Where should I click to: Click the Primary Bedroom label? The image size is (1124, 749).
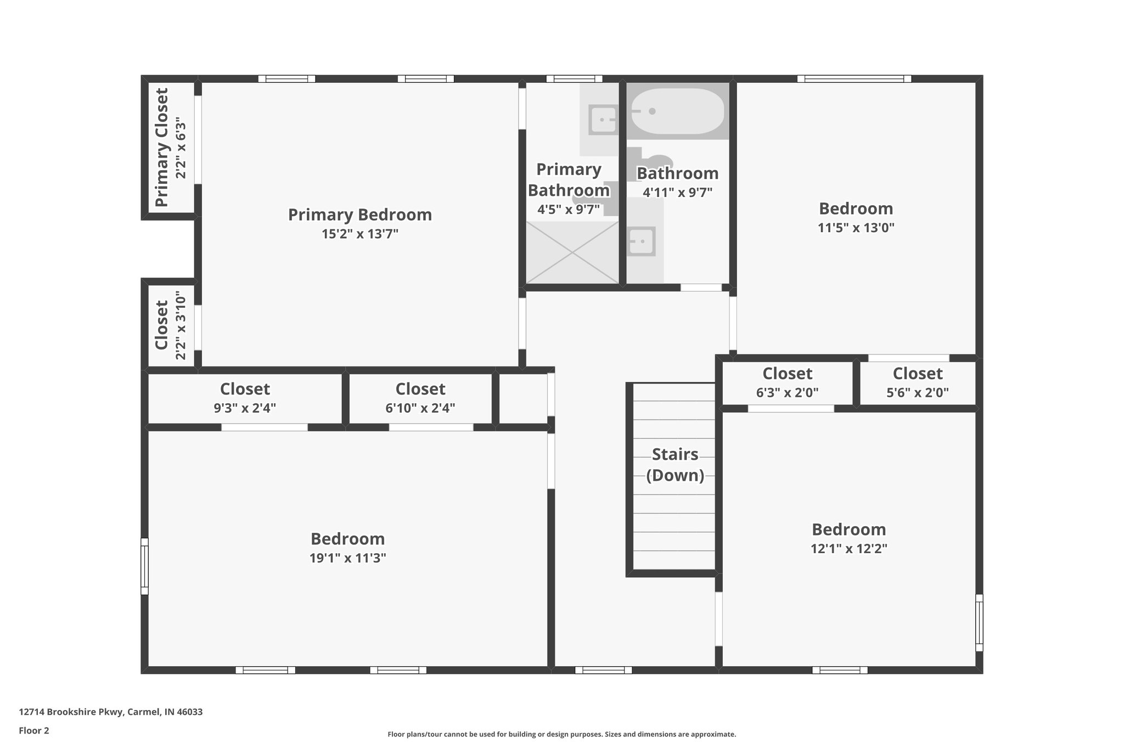360,215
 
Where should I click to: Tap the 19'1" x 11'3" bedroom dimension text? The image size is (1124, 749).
347,558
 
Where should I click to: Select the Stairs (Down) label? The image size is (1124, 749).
675,464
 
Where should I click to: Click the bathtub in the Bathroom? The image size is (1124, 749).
678,111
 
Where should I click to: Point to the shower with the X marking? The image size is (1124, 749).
572,252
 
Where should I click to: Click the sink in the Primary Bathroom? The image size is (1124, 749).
603,119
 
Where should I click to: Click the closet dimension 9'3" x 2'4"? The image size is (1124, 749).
245,408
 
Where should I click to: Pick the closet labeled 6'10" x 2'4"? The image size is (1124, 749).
420,398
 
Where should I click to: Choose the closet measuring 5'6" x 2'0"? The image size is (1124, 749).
918,383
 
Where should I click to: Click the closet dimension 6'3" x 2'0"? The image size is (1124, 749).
787,393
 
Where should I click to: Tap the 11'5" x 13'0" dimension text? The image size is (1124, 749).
856,228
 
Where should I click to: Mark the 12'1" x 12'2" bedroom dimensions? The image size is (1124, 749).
848,549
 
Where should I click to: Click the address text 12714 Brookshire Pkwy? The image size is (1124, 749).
110,712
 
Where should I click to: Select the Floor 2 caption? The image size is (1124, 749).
34,731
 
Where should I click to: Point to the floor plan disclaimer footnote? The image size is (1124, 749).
561,734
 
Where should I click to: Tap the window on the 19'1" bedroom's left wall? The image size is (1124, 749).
144,566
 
